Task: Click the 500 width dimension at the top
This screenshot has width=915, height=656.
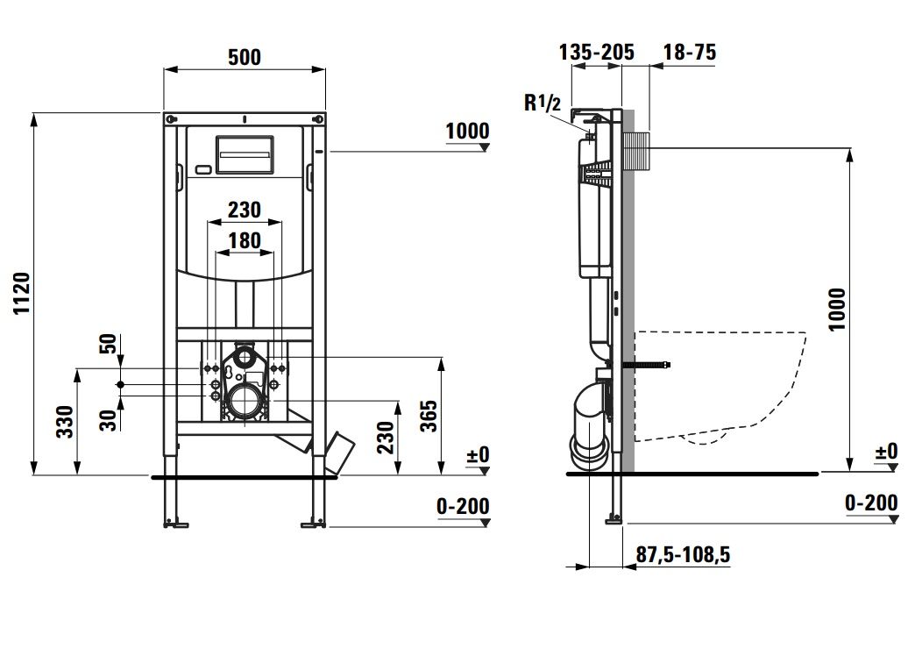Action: [x=245, y=57]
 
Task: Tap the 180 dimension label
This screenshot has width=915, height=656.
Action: [x=245, y=240]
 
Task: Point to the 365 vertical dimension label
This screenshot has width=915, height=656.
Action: [x=429, y=416]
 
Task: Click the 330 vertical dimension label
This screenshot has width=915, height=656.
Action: [x=65, y=422]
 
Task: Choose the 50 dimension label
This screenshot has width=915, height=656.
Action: [x=109, y=345]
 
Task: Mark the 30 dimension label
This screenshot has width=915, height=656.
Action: [x=109, y=420]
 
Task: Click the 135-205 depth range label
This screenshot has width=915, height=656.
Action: [x=596, y=52]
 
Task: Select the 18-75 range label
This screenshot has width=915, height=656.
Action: [x=690, y=52]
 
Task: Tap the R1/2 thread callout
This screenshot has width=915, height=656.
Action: [x=543, y=103]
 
